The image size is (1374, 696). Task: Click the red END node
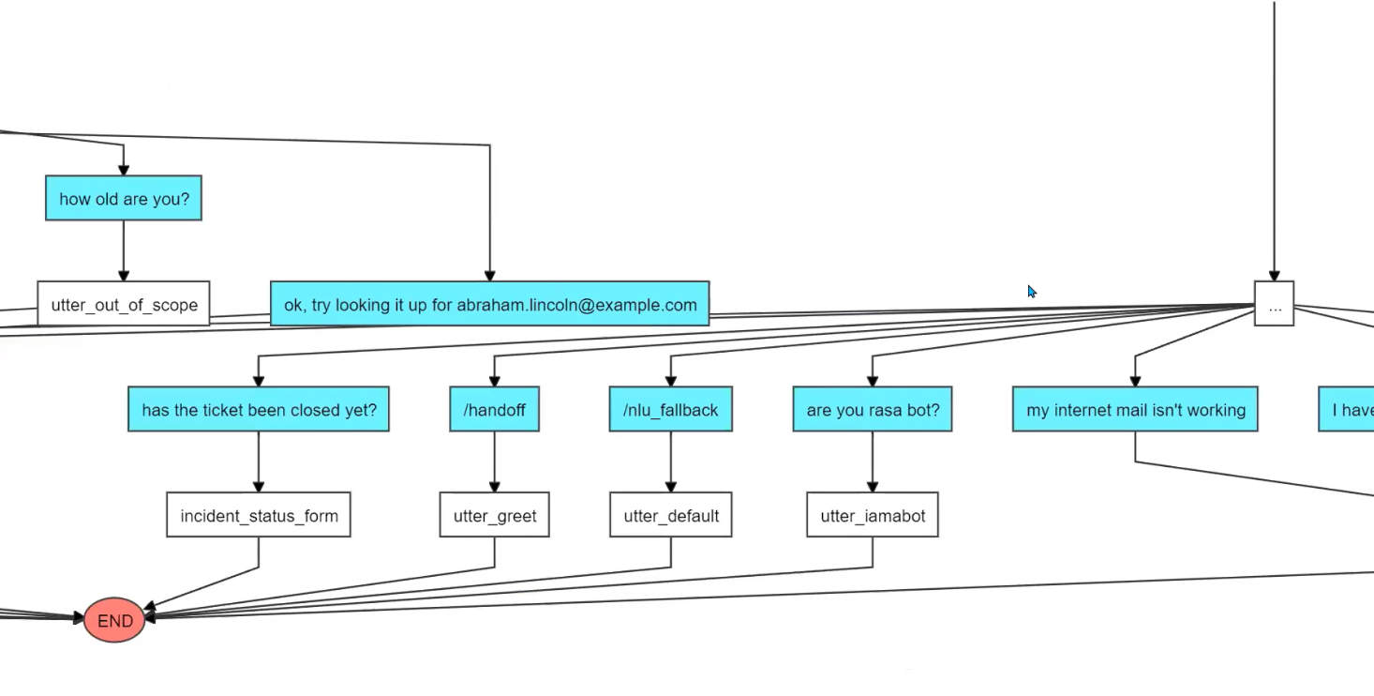(x=114, y=620)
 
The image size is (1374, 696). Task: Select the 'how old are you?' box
(x=124, y=199)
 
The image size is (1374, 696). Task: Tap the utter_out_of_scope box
(x=124, y=304)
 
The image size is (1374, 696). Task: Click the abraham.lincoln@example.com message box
(x=489, y=304)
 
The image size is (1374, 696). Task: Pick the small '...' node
(x=1274, y=304)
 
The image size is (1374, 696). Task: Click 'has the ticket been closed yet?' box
(x=259, y=410)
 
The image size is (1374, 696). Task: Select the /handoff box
(x=494, y=410)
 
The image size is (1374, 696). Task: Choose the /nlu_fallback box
(x=670, y=410)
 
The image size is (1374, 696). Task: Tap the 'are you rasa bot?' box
(x=872, y=410)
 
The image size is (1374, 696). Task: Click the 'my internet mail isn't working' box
(x=1135, y=410)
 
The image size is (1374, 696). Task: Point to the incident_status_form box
(x=259, y=515)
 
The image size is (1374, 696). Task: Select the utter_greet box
(x=494, y=515)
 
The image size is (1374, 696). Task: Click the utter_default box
(x=670, y=515)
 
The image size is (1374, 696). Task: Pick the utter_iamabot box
(x=872, y=515)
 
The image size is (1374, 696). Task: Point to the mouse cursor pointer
(x=1031, y=292)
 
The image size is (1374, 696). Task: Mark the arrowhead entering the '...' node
(x=1274, y=275)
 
